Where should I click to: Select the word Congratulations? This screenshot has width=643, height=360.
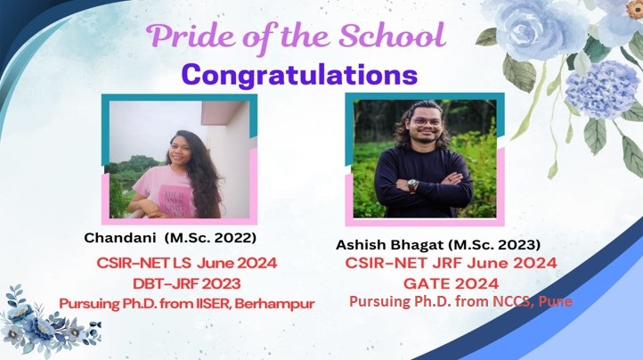pyautogui.click(x=300, y=75)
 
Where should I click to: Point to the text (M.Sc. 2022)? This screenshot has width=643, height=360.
pyautogui.click(x=210, y=238)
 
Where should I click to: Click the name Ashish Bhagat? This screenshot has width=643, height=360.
pyautogui.click(x=389, y=245)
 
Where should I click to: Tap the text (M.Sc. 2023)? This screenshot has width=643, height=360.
pyautogui.click(x=493, y=245)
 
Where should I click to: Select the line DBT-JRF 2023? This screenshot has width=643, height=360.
pyautogui.click(x=187, y=283)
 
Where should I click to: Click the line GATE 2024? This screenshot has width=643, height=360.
pyautogui.click(x=452, y=283)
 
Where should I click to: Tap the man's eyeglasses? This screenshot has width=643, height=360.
pyautogui.click(x=427, y=122)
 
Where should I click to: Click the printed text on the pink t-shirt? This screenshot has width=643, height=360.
pyautogui.click(x=176, y=202)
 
